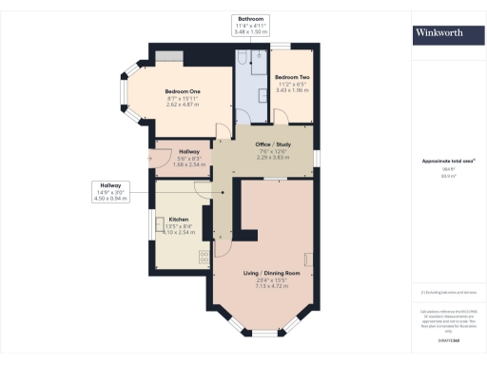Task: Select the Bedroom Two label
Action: pos(292,77)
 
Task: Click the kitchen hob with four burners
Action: pos(205,255)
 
